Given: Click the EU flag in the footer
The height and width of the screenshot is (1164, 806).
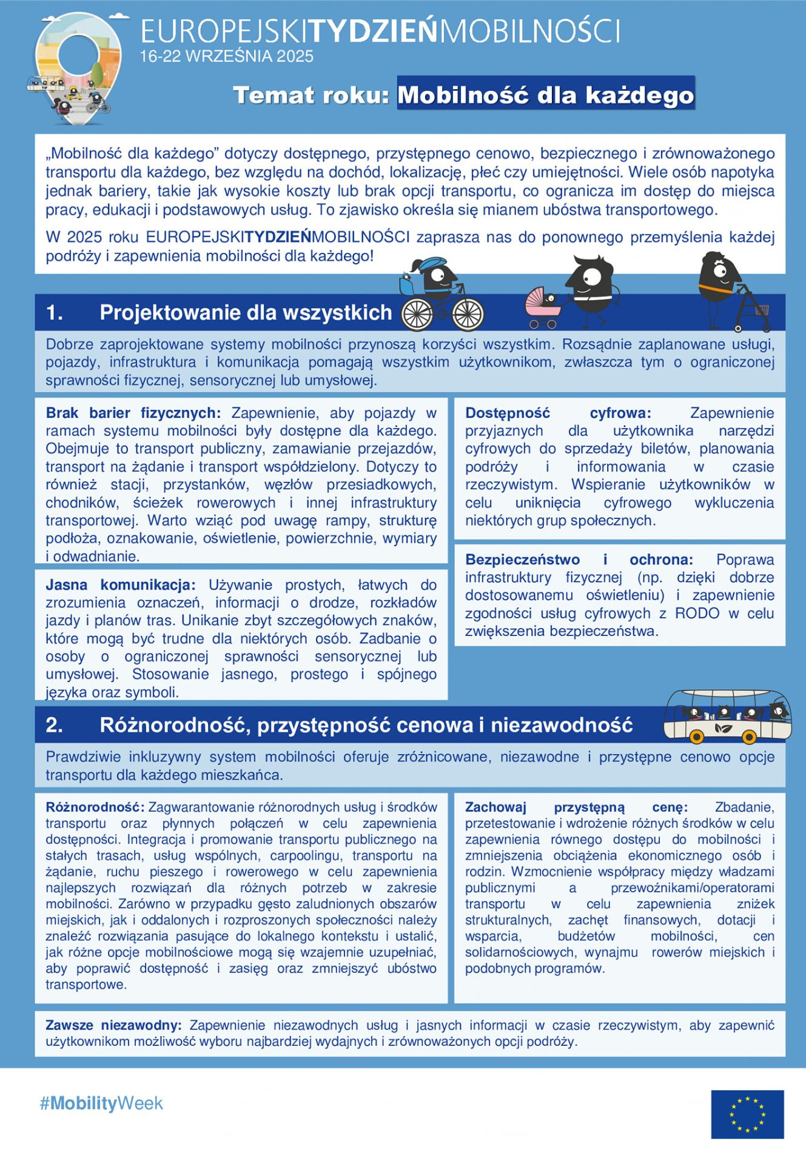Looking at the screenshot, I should pos(747,1114).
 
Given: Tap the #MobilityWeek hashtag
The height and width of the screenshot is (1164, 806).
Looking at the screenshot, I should pos(101,1103).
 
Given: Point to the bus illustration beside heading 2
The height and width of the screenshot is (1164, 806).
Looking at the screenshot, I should pos(727,717).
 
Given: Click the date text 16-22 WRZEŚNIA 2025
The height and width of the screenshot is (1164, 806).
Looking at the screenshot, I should pos(226,56).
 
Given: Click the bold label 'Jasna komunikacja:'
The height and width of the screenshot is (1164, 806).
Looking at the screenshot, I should pos(121,585).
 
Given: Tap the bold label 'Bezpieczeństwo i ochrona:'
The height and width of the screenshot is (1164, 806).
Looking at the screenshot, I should pos(579,560).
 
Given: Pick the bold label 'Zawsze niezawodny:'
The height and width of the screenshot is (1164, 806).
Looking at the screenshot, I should pos(113,1025).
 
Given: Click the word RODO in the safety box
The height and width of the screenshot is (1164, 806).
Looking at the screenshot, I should pos(697,614).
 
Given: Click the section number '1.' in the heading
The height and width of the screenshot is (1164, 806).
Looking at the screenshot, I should pos(55,312).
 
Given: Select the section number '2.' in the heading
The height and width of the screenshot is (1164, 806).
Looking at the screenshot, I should pos(55,724).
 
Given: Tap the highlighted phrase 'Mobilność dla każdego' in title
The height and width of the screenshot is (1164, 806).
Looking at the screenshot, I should pos(545,95).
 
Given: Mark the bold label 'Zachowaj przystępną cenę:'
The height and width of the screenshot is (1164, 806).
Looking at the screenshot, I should pos(576,807).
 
